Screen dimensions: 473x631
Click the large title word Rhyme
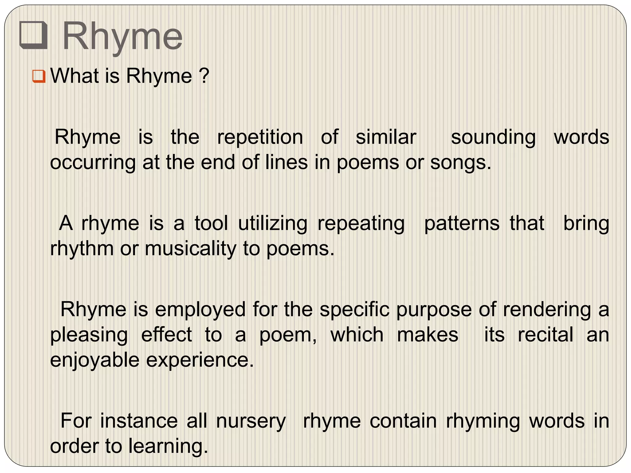coord(123,37)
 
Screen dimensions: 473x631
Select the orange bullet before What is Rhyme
coord(39,76)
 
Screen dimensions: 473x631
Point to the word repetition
coord(260,137)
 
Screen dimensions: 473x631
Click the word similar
coord(386,137)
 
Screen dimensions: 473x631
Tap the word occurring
coord(93,163)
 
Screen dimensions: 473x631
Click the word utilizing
coord(273,224)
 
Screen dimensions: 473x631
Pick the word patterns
coord(462,224)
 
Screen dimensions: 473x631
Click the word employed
coord(200,310)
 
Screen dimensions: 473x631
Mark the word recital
coord(546,335)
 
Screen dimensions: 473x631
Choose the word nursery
coord(251,422)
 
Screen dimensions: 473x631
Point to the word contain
coord(403,421)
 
